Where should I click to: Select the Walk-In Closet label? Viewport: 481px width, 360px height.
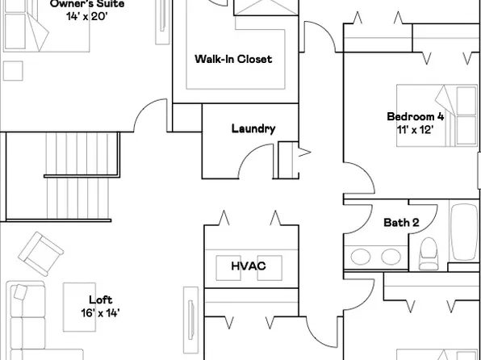(233, 59)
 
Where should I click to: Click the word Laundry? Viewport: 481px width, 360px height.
(253, 128)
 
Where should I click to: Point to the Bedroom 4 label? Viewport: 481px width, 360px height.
(416, 116)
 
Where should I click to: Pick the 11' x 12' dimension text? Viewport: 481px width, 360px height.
(416, 129)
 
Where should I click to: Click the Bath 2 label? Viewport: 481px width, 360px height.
(401, 223)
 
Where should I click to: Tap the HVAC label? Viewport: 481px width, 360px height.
(249, 266)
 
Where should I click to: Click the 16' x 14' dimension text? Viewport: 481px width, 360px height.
(100, 313)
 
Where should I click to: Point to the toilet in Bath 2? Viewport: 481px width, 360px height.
(428, 253)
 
